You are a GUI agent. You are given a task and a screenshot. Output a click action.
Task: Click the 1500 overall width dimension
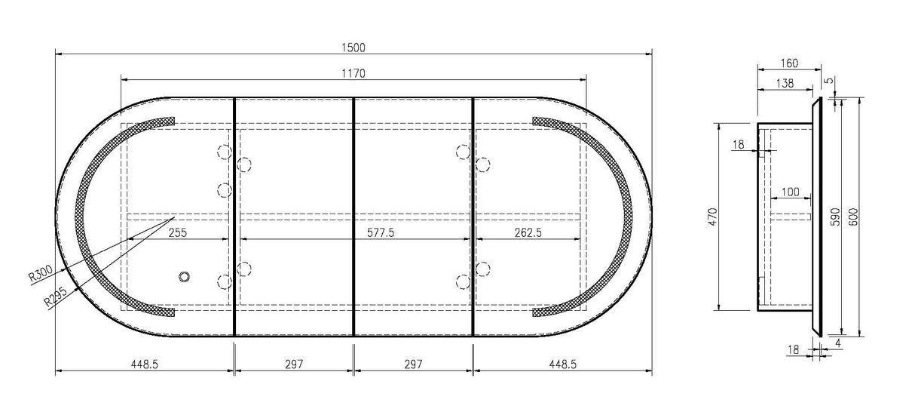tap(353, 48)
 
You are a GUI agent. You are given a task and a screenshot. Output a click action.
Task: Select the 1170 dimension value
tap(353, 74)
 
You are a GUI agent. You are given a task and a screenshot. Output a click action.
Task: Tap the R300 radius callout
tap(41, 273)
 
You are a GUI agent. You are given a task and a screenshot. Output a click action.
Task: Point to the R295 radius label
tap(56, 296)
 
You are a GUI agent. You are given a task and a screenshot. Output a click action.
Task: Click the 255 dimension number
tap(178, 232)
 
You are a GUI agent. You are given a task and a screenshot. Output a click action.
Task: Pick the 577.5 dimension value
tap(381, 232)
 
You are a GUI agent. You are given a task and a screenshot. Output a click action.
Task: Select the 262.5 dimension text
tap(528, 232)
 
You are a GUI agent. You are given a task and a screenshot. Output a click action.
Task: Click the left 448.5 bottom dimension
tap(144, 364)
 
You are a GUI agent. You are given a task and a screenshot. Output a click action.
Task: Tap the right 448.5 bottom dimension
tap(562, 364)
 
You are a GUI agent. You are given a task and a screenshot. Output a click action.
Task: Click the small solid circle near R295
tap(184, 277)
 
